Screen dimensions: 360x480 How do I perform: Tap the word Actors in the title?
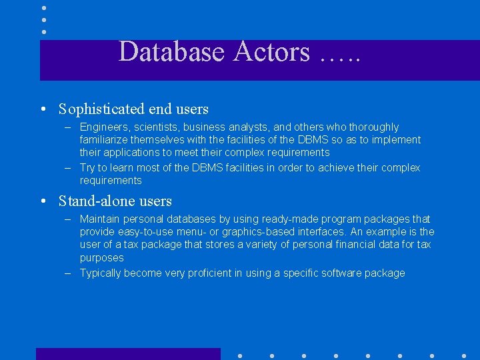272,52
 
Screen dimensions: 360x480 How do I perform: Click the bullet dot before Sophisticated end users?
42,109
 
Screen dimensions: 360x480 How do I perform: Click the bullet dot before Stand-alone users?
42,201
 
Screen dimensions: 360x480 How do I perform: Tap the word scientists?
155,127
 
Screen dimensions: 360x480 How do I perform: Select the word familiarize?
104,140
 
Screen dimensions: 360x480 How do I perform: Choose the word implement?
397,140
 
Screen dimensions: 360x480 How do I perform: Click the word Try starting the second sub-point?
88,167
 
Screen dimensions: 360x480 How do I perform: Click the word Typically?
102,273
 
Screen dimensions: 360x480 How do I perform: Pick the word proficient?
211,273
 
